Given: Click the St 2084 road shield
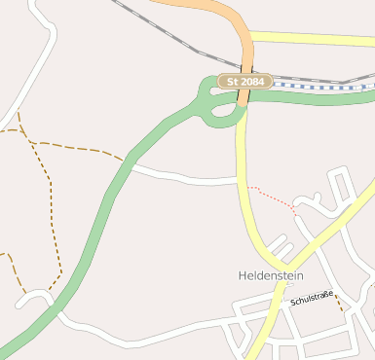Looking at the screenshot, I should [x=244, y=82].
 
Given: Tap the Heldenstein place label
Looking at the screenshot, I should [x=271, y=275].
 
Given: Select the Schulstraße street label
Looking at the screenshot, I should [x=312, y=298].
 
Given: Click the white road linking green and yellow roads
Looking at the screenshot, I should [x=185, y=178].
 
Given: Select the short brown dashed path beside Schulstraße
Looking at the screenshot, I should [x=340, y=305].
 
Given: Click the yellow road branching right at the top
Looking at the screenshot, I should [x=312, y=39].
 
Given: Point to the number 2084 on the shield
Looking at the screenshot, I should [x=251, y=82].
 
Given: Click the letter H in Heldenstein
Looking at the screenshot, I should [x=243, y=275].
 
